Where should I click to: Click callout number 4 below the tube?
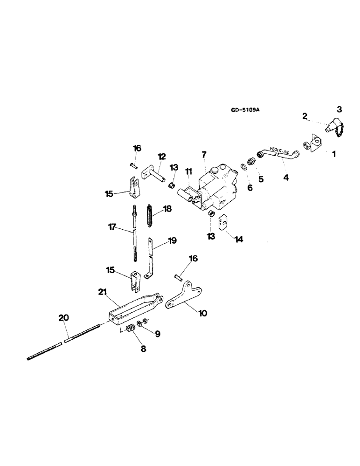(x=286, y=178)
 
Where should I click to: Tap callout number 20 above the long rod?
(x=64, y=318)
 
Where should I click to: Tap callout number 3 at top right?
(x=339, y=110)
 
